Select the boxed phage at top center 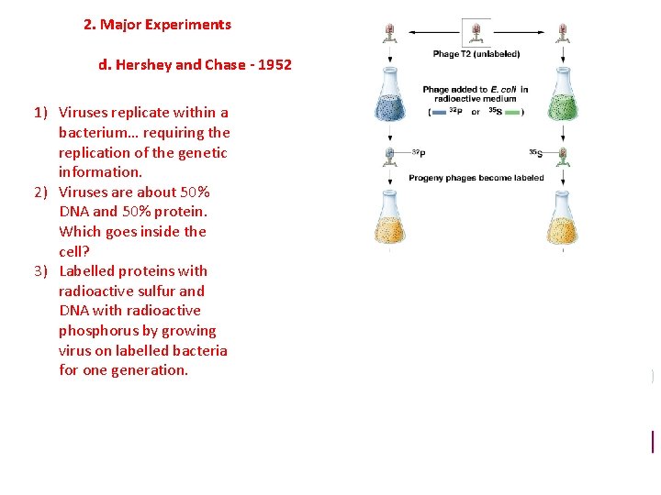(476, 33)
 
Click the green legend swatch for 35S (510, 112)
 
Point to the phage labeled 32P (390, 155)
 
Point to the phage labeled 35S (562, 155)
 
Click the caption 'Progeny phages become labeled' (476, 178)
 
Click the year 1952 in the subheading (274, 65)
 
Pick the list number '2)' (41, 192)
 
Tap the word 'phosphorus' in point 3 (98, 330)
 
